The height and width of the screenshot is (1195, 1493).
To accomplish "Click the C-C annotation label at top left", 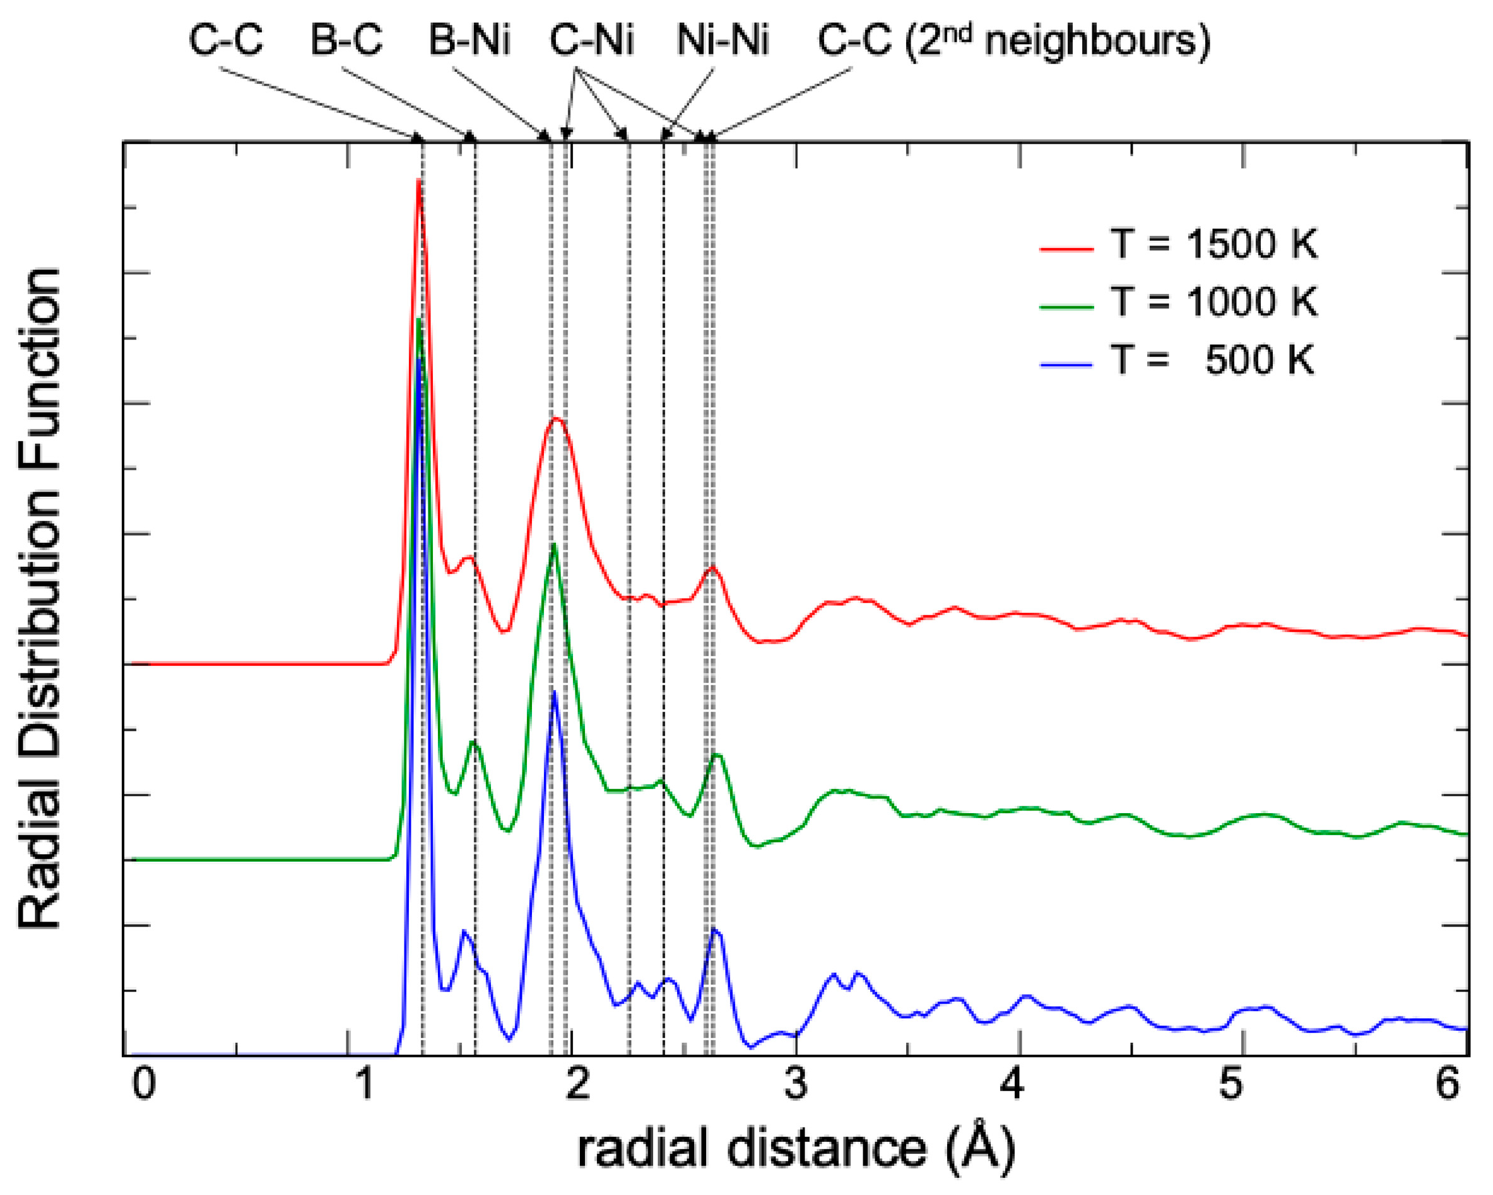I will (x=226, y=41).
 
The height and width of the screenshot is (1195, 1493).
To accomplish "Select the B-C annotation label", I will (x=346, y=41).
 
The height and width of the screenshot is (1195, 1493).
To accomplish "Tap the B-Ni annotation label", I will (x=469, y=41).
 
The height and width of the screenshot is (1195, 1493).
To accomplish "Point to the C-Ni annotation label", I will (x=591, y=41).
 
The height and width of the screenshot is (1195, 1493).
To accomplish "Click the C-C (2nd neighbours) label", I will (x=1014, y=40).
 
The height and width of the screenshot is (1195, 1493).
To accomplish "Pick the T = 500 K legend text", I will (x=1214, y=360).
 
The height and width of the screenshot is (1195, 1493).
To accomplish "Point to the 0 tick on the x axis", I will (x=143, y=1083).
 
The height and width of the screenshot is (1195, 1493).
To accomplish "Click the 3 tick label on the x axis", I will (x=796, y=1083).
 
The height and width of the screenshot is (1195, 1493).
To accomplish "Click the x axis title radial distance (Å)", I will (x=796, y=1148).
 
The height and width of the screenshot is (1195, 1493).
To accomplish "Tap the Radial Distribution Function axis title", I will (x=40, y=598).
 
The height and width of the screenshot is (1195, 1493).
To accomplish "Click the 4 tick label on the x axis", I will (x=1013, y=1083).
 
